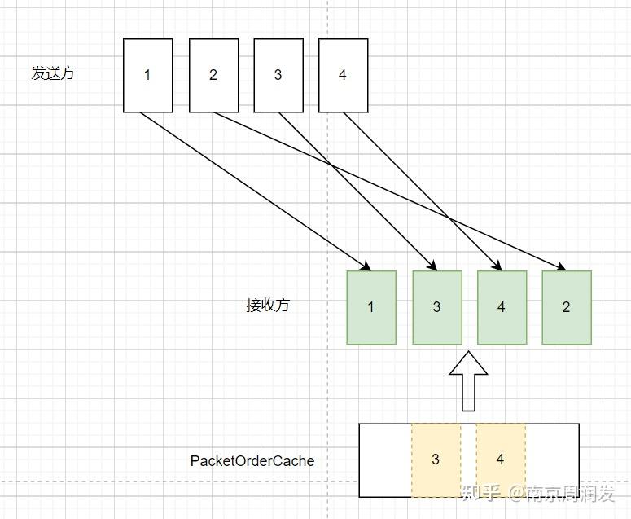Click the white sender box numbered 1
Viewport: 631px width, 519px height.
pyautogui.click(x=147, y=75)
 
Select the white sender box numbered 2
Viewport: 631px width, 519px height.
pyautogui.click(x=213, y=75)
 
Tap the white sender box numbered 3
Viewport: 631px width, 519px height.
pyautogui.click(x=278, y=75)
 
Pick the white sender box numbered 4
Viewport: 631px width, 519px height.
pyautogui.click(x=342, y=75)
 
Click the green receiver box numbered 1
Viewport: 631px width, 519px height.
pyautogui.click(x=371, y=307)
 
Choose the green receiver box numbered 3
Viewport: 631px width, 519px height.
pyautogui.click(x=436, y=307)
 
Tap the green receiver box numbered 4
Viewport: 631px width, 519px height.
pyautogui.click(x=502, y=307)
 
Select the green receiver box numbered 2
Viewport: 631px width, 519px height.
pyautogui.click(x=567, y=307)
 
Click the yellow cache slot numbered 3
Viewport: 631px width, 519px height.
pyautogui.click(x=436, y=460)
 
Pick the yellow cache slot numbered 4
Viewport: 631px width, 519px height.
pyautogui.click(x=500, y=460)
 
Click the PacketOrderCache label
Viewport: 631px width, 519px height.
pyautogui.click(x=252, y=461)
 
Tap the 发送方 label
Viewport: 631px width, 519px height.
pyautogui.click(x=53, y=73)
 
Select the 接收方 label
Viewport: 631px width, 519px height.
pyautogui.click(x=267, y=306)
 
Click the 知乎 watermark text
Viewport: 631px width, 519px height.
pyautogui.click(x=480, y=493)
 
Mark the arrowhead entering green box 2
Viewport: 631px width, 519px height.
pyautogui.click(x=560, y=267)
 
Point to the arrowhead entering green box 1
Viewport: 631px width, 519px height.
pyautogui.click(x=367, y=266)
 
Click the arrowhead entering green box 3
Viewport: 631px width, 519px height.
pyautogui.click(x=432, y=266)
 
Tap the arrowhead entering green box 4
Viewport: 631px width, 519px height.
pyautogui.click(x=497, y=266)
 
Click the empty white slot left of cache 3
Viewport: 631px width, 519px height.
pyautogui.click(x=385, y=460)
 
